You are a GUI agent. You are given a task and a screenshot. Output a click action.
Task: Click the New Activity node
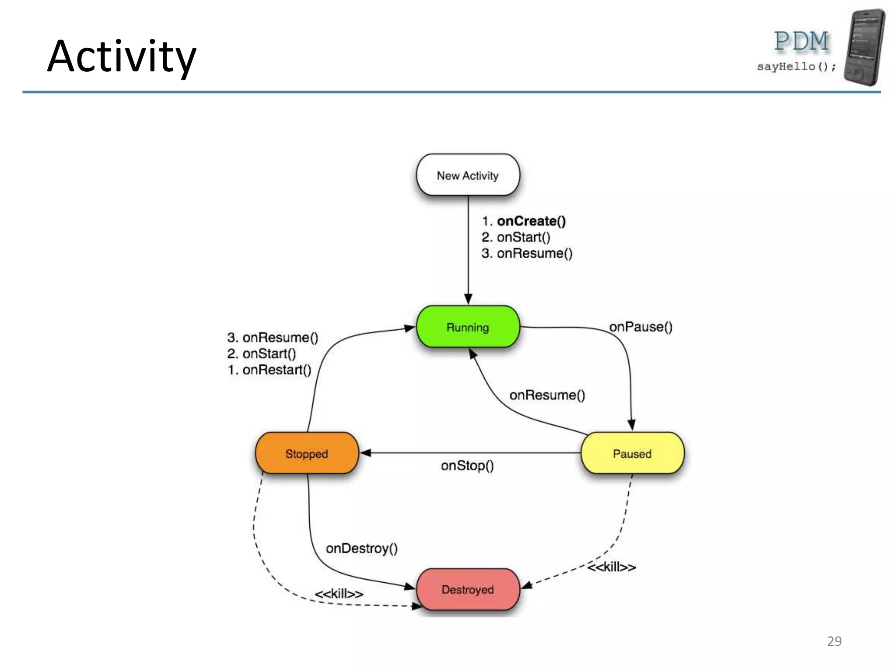[x=468, y=175]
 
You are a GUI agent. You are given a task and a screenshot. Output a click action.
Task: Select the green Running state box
[x=468, y=327]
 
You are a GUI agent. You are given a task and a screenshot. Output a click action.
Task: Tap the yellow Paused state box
[x=632, y=453]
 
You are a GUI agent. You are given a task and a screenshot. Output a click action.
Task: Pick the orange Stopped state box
[x=307, y=453]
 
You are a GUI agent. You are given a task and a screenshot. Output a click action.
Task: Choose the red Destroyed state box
[x=468, y=589]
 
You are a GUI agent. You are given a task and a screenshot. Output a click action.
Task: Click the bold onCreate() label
[x=531, y=221]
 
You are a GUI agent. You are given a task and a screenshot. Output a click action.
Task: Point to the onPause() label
[x=640, y=327]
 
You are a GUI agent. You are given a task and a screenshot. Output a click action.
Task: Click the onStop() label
[x=467, y=465]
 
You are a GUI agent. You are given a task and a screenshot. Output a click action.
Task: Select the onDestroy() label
[x=361, y=548]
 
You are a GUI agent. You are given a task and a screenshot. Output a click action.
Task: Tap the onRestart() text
[x=276, y=370]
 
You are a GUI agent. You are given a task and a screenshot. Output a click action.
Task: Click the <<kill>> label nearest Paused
[x=611, y=567]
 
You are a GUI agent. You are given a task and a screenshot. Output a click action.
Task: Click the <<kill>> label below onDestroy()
[x=339, y=594]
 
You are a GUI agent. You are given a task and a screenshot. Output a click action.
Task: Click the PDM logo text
[x=801, y=42]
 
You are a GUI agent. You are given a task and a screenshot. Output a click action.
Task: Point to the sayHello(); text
[x=796, y=66]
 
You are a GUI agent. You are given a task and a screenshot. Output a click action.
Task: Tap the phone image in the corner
[x=864, y=47]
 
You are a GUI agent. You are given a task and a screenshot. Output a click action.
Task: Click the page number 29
[x=834, y=641]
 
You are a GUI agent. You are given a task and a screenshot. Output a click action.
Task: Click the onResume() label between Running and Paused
[x=547, y=395]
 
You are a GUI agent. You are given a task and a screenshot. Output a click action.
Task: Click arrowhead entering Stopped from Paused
[x=365, y=453]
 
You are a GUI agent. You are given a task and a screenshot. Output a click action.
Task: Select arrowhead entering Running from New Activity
[x=468, y=300]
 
